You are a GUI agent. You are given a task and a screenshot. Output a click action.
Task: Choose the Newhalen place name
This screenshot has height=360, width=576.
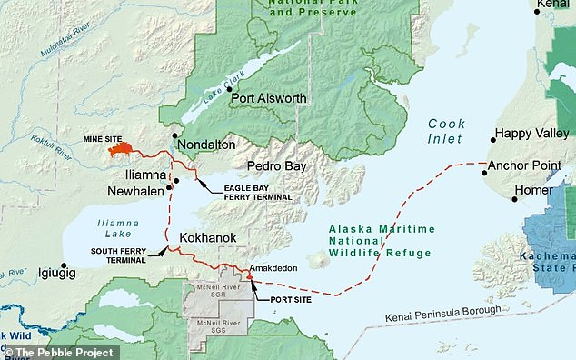pos(135,191)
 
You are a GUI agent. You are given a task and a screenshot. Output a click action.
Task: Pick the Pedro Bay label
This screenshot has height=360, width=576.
pos(277,166)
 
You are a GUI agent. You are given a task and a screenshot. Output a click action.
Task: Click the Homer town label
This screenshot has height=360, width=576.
pos(532,191)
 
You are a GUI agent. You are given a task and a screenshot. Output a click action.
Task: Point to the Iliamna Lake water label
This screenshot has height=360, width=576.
pos(118,227)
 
